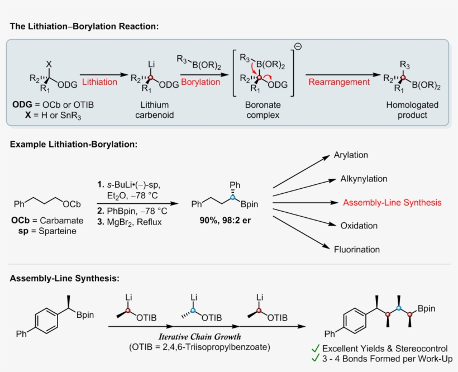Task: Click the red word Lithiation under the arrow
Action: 100,82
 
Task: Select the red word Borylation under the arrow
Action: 200,82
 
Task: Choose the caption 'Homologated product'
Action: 412,110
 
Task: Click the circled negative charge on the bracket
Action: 298,46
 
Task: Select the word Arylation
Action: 351,155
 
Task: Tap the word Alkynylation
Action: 364,179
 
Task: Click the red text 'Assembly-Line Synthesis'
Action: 392,202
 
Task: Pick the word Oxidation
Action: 359,226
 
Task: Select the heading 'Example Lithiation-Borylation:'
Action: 73,145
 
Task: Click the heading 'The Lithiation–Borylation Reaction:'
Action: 84,26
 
